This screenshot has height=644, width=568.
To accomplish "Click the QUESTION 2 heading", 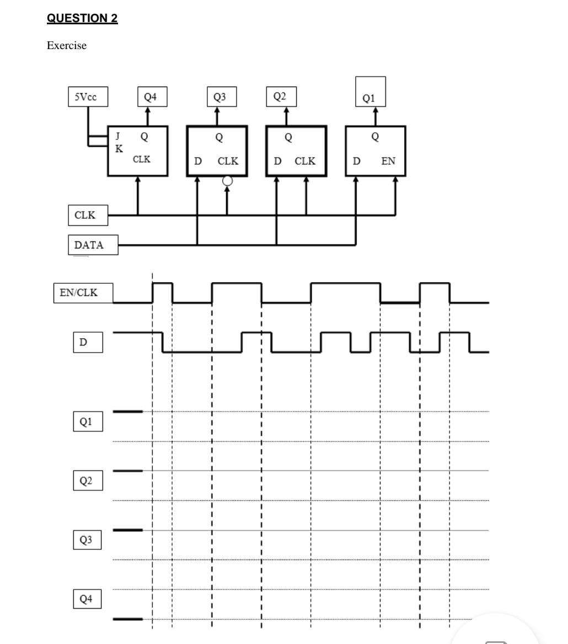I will (82, 18).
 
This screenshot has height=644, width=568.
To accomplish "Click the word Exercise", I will (67, 46).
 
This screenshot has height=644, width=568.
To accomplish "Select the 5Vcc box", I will (88, 97).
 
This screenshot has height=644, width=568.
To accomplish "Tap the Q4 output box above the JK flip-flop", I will (151, 97).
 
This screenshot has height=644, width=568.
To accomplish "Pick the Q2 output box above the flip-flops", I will (281, 96).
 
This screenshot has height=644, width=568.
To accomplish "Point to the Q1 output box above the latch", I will (370, 92).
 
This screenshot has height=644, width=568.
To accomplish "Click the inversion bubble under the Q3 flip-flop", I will (227, 181).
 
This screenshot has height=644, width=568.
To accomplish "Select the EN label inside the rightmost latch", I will (388, 161).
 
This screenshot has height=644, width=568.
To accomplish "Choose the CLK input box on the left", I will (88, 215).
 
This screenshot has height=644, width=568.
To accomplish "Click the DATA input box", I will (93, 245).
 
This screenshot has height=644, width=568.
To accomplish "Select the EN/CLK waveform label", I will (83, 293).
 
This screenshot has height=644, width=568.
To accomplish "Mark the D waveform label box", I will (87, 342).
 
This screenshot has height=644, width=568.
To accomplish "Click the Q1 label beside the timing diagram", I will (87, 422).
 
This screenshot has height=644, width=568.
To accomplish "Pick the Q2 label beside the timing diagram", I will (87, 481).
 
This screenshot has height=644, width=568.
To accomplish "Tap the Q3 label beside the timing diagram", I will (87, 540).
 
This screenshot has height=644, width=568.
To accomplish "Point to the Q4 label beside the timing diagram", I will (87, 599).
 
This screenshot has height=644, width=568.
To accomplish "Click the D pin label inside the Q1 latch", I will (357, 161).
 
